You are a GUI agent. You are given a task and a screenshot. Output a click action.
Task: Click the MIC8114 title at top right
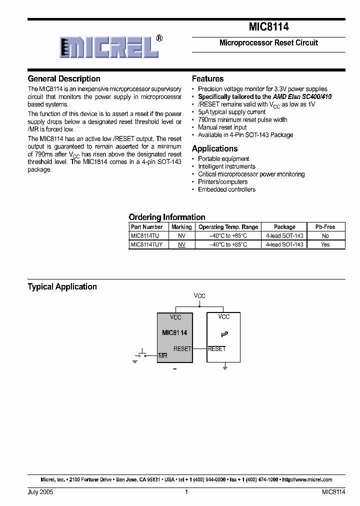tap(268, 27)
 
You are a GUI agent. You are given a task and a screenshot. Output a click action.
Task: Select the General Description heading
tap(64, 79)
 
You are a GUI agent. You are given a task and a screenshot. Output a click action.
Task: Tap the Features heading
tap(207, 79)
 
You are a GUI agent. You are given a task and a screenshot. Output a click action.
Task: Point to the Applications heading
tap(214, 148)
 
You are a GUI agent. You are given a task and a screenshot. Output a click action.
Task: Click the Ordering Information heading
tap(167, 217)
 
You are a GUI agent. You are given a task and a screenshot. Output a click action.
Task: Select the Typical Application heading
tap(62, 286)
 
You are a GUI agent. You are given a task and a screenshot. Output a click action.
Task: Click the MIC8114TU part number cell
tap(145, 235)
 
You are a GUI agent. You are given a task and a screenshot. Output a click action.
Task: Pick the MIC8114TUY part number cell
tap(147, 244)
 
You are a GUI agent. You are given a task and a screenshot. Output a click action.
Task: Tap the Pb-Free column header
tap(325, 226)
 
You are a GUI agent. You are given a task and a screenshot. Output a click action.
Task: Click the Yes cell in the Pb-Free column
tap(325, 244)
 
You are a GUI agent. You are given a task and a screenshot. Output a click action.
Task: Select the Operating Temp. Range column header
tap(228, 226)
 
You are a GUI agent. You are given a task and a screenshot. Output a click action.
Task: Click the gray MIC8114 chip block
tap(174, 337)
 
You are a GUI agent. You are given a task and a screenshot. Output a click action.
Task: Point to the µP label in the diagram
tap(224, 332)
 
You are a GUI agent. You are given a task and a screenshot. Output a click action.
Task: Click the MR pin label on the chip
tap(162, 355)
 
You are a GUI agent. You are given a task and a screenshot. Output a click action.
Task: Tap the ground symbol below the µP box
tap(225, 367)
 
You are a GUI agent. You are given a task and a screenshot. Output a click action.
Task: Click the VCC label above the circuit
tap(199, 296)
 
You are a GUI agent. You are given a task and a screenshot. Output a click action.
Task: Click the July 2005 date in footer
tap(40, 492)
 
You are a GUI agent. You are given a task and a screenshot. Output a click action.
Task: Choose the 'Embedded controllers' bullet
tap(226, 189)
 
